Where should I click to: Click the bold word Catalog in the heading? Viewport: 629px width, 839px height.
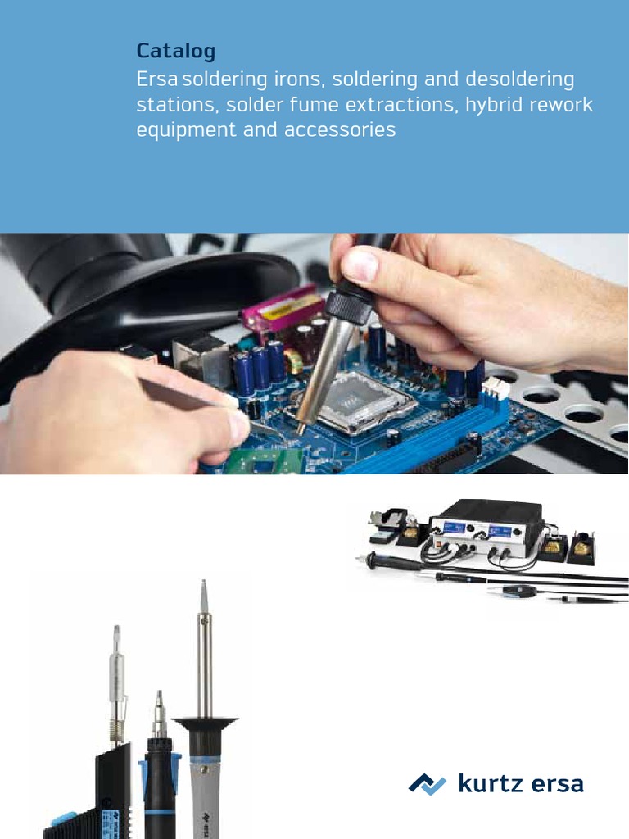click(x=176, y=52)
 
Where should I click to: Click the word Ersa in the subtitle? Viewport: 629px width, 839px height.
click(x=158, y=79)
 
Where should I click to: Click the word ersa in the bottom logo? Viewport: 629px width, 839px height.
click(x=554, y=784)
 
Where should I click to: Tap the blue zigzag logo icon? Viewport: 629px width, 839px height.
click(x=428, y=784)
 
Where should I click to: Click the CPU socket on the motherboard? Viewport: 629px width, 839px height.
click(x=358, y=402)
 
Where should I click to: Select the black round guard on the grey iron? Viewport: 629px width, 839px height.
click(x=204, y=723)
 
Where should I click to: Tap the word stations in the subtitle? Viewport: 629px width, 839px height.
click(x=177, y=105)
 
